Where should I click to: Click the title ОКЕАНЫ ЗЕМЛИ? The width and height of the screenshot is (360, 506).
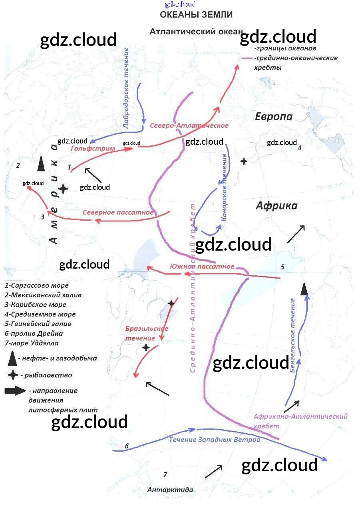[x=196, y=15]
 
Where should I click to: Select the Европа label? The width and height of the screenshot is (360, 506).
[x=274, y=116]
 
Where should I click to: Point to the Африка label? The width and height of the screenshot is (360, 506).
[x=276, y=205]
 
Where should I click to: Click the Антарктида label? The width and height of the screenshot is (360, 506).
[x=170, y=490]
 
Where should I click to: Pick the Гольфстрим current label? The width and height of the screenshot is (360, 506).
[x=93, y=148]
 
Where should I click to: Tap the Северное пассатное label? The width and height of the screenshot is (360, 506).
[x=118, y=212]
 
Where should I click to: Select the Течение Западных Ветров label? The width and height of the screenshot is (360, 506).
[x=215, y=440]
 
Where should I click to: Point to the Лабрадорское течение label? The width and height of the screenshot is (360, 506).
[x=126, y=88]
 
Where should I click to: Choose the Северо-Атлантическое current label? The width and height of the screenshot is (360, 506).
[x=189, y=126]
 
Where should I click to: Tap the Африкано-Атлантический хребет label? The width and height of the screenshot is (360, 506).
[x=300, y=421]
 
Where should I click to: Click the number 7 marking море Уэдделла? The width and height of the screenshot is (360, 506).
[x=165, y=474]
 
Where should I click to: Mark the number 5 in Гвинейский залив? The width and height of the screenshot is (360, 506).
[x=282, y=267]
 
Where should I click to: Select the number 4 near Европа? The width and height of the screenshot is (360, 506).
[x=299, y=148]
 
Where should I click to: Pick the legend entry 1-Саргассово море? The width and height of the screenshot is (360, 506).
[x=37, y=286]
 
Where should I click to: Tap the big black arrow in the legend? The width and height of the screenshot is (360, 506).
[x=15, y=391]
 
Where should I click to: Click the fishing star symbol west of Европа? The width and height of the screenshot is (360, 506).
[x=243, y=161]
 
